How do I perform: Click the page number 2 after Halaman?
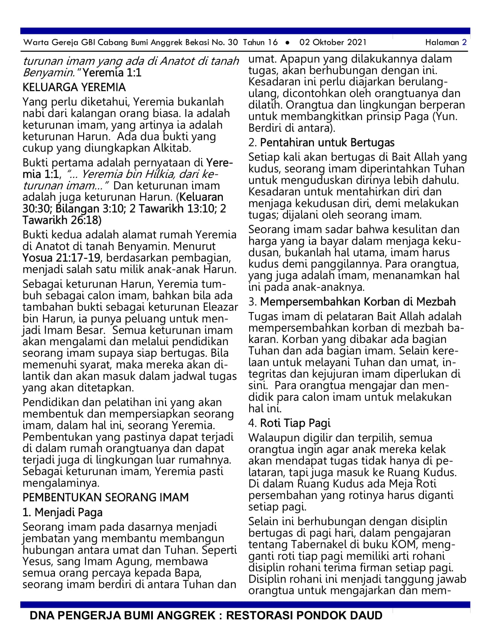[x=464, y=42]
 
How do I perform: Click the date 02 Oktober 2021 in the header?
[x=333, y=42]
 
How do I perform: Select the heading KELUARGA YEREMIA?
[x=74, y=87]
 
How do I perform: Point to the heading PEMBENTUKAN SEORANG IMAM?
[x=105, y=497]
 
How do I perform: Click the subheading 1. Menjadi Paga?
[x=62, y=513]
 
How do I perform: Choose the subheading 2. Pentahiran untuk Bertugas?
[x=321, y=143]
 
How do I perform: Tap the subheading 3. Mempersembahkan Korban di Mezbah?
[x=352, y=302]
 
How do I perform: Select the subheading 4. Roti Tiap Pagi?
[x=289, y=423]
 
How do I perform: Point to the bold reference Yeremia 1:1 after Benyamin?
[x=112, y=73]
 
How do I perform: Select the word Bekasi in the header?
[x=197, y=42]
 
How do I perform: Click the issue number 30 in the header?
[x=233, y=42]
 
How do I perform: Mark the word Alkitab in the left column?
[x=172, y=148]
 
